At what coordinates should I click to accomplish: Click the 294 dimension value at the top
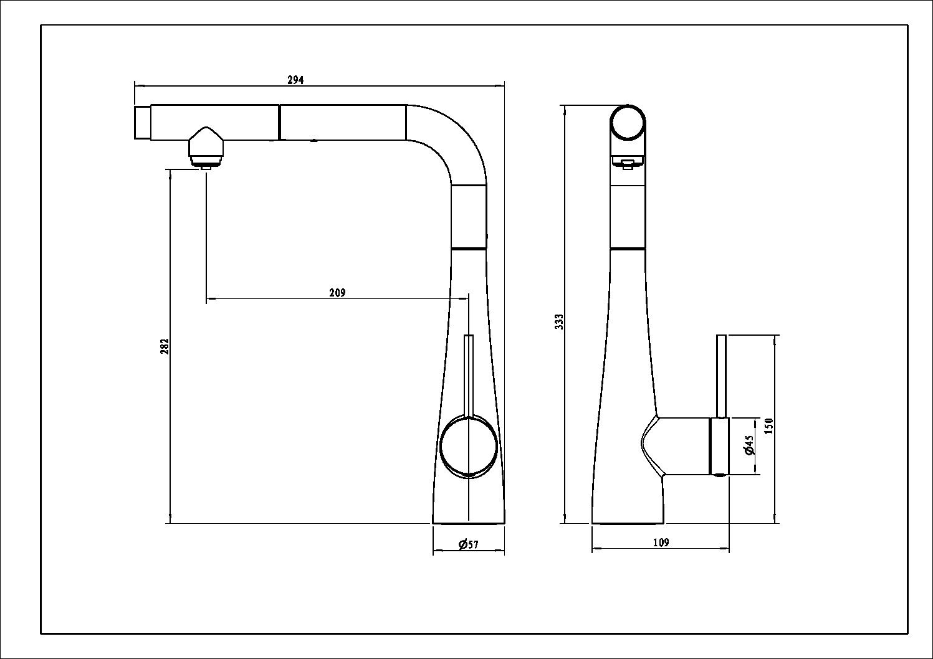pos(295,80)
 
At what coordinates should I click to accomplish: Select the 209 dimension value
pos(337,293)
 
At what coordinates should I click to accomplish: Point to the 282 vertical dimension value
pos(165,346)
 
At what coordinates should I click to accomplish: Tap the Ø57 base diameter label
pos(469,545)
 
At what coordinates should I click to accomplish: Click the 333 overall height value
pos(559,321)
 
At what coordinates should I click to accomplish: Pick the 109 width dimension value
pos(661,543)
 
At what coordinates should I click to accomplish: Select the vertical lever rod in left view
pos(469,374)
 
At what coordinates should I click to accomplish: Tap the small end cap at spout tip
pos(142,123)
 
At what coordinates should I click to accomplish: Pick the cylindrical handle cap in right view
pos(719,446)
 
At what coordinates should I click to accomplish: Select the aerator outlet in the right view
pos(626,164)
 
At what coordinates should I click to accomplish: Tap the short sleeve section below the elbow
pos(468,217)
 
